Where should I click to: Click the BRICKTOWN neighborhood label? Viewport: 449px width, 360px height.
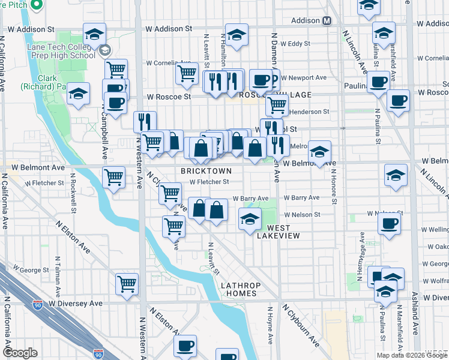(x=203, y=171)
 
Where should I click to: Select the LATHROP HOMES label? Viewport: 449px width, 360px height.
(x=239, y=289)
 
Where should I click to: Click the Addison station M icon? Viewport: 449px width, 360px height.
(x=327, y=20)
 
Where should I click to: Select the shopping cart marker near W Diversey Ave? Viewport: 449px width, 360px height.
(x=127, y=283)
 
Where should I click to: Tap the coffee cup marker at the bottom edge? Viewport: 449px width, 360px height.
(x=185, y=346)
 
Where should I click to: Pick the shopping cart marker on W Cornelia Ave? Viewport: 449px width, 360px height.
(x=187, y=73)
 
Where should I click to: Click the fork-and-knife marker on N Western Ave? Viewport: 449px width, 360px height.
(x=145, y=121)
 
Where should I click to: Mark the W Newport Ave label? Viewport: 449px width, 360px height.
(x=305, y=77)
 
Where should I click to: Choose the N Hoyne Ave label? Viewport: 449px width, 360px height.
(x=270, y=325)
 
